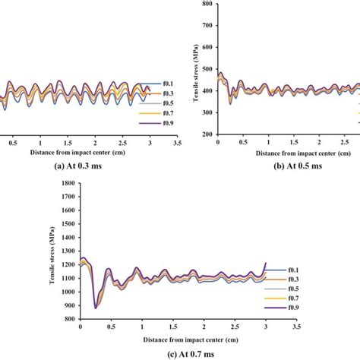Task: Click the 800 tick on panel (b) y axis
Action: tap(207, 4)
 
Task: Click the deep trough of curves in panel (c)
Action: tap(96, 307)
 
